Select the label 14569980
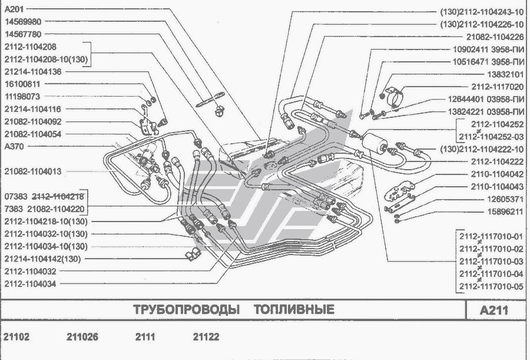coord(22,22)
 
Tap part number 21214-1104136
coord(32,71)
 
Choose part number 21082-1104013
coord(32,171)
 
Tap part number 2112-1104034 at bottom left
coord(32,283)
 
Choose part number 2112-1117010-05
coord(490,287)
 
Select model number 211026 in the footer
coord(82,337)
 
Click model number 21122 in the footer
coord(206,337)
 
